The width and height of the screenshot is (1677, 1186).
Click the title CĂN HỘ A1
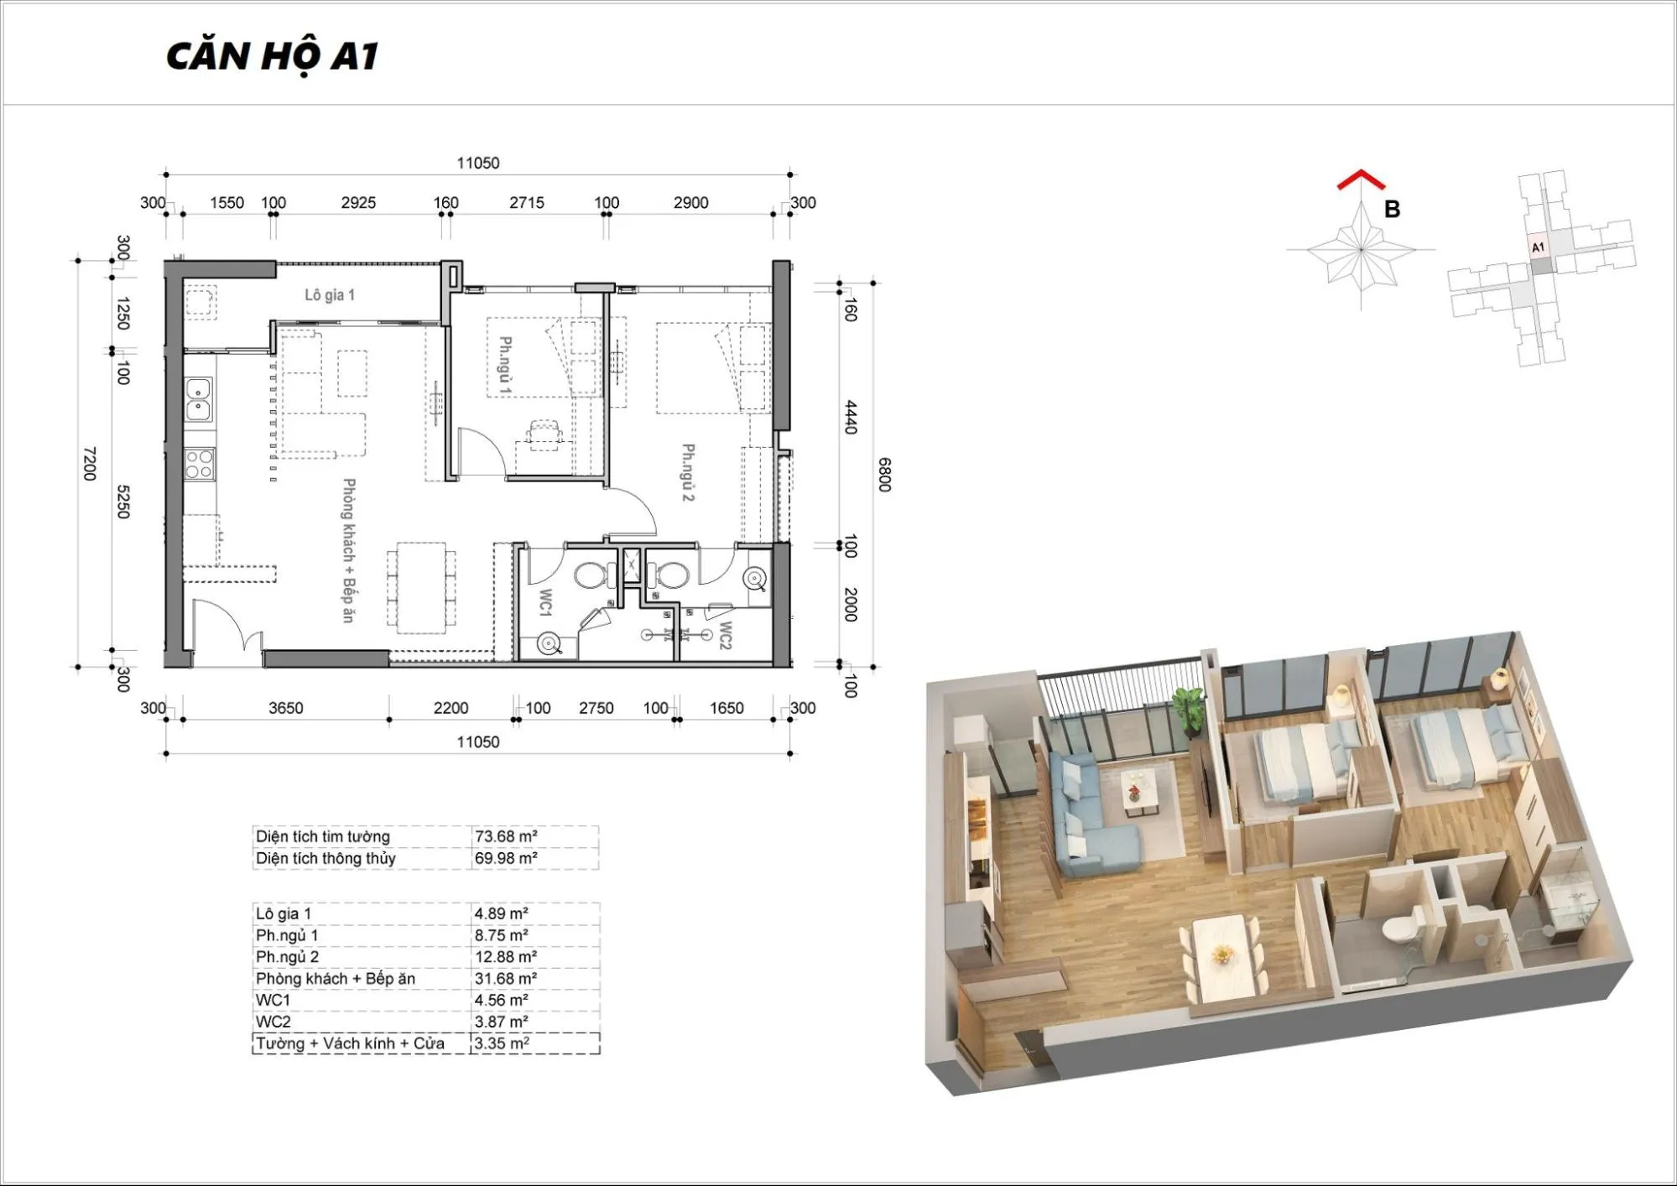click(x=273, y=56)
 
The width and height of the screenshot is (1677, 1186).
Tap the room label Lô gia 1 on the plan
click(x=330, y=294)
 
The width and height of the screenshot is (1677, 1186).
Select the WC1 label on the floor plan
click(x=545, y=602)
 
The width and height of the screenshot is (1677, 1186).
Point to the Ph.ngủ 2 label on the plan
click(x=688, y=472)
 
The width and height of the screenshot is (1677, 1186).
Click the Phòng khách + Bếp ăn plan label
click(x=349, y=550)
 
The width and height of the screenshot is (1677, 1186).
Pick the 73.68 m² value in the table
click(x=506, y=836)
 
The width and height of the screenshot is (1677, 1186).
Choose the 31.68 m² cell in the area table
click(x=506, y=978)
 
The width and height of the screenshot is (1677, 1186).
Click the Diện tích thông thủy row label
click(x=326, y=858)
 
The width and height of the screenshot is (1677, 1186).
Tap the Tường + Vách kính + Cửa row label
click(x=350, y=1043)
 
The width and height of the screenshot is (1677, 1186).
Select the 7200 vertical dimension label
click(x=90, y=464)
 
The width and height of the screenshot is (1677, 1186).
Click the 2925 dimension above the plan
click(x=358, y=202)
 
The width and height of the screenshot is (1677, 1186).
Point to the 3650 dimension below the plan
click(x=286, y=708)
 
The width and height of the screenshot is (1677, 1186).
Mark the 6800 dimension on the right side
click(x=884, y=475)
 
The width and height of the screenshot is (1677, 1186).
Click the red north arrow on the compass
click(x=1360, y=179)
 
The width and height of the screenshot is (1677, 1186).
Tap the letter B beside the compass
click(x=1392, y=209)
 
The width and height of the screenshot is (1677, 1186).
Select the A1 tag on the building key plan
click(x=1538, y=247)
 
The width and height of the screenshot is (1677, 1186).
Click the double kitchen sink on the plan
click(x=199, y=399)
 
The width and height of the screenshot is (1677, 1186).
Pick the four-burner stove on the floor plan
click(x=200, y=465)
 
